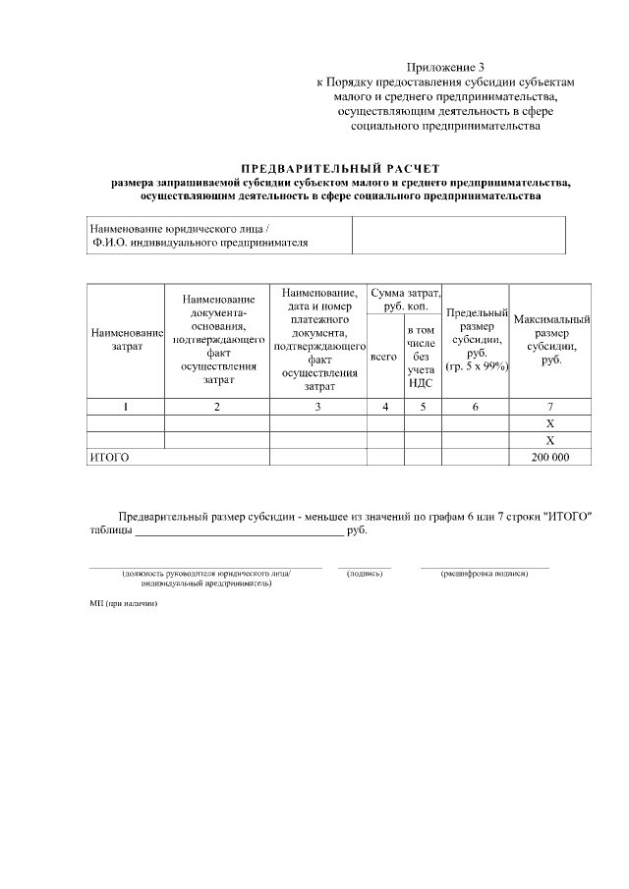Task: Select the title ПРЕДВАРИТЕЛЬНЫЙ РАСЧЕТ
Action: [x=340, y=169]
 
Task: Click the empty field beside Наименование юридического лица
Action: [x=458, y=235]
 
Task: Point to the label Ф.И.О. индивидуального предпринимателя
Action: [x=200, y=242]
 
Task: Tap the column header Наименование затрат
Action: [x=126, y=340]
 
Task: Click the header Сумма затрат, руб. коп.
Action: [x=404, y=301]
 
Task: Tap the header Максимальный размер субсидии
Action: [x=550, y=340]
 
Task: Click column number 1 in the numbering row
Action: [x=126, y=407]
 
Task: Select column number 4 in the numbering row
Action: [x=385, y=407]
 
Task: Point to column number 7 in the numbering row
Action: [x=550, y=407]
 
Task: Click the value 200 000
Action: [x=550, y=457]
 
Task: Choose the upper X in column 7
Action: [x=550, y=423]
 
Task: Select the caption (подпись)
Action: [x=365, y=573]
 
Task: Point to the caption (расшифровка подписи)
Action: [x=485, y=573]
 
